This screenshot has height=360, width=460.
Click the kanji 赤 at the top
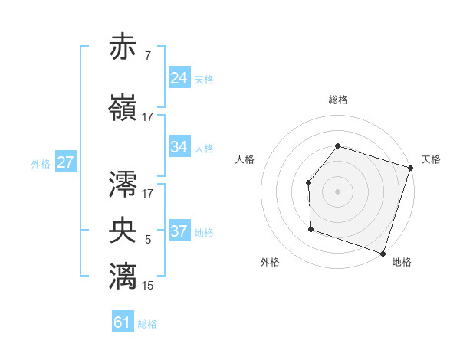click(x=123, y=47)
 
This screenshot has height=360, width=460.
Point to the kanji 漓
click(x=123, y=275)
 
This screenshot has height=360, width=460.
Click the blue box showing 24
click(x=179, y=78)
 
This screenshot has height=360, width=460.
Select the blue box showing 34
click(x=179, y=147)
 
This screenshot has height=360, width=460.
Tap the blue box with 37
click(x=179, y=231)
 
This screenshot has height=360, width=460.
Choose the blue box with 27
click(x=65, y=162)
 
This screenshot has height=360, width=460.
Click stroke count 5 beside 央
click(x=147, y=241)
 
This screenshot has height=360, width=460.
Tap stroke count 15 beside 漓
click(x=147, y=286)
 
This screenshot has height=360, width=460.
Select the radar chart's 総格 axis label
click(x=337, y=100)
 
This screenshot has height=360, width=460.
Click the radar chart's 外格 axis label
click(x=270, y=262)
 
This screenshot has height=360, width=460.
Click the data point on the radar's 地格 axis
click(x=382, y=253)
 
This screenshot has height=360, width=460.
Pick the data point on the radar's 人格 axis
click(x=308, y=182)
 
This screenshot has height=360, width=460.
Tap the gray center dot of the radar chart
click(x=337, y=191)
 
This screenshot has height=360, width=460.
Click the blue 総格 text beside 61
click(x=147, y=324)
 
